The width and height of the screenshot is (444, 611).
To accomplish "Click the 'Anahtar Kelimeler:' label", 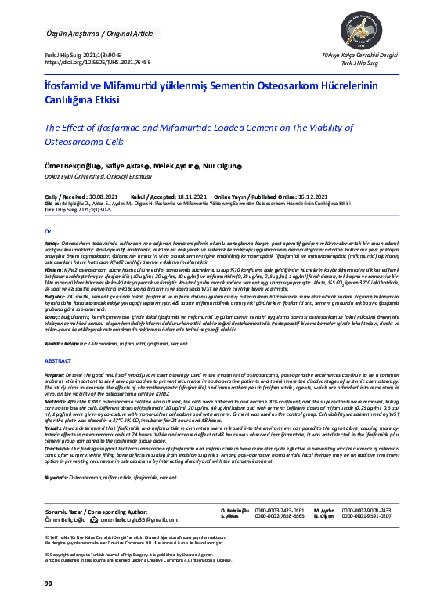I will (65, 343).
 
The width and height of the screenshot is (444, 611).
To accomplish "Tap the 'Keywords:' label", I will (56, 475).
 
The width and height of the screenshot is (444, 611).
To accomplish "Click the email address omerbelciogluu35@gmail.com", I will (127, 520).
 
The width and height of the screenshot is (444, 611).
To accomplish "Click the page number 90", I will (48, 584).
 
